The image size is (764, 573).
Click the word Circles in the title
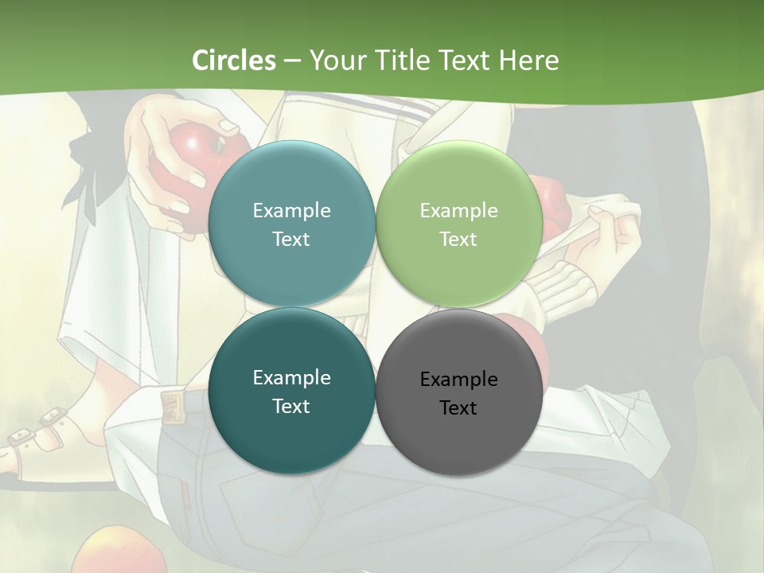(233, 60)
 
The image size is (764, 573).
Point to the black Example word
(458, 379)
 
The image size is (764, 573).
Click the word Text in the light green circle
(458, 239)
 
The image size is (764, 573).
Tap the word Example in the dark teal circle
(291, 377)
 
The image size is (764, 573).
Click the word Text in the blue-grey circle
(291, 239)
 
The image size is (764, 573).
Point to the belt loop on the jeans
(170, 405)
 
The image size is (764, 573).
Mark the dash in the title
(291, 60)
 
